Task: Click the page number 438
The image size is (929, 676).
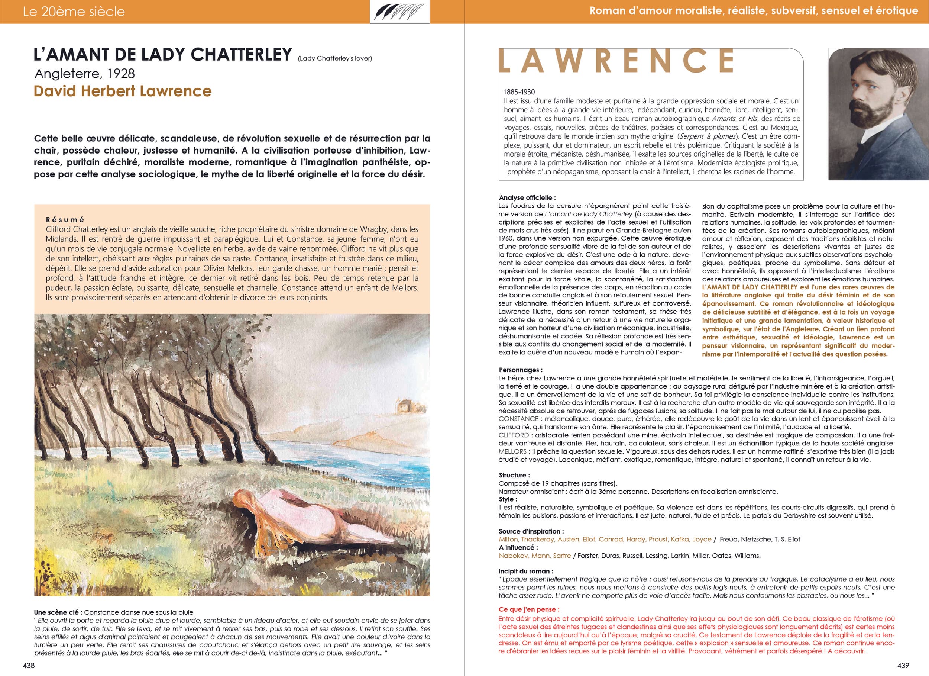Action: coord(29,665)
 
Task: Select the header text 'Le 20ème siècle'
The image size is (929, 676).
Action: coord(74,12)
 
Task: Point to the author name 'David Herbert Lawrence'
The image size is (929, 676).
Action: coord(123,91)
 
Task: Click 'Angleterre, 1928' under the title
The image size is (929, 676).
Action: coord(85,74)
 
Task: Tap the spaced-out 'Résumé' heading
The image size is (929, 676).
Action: coord(65,220)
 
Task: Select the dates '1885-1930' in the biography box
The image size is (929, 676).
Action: coord(519,92)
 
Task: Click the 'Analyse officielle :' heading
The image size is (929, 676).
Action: coord(527,197)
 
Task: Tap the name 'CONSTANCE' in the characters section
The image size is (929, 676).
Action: coord(518,419)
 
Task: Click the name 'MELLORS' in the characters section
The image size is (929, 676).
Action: coord(512,451)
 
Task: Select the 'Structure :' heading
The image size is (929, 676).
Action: coord(514,476)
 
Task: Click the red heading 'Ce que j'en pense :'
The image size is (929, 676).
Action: coord(529,609)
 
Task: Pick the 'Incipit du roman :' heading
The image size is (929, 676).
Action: coord(525,572)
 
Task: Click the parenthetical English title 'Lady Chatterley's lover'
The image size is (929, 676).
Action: coord(335,59)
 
